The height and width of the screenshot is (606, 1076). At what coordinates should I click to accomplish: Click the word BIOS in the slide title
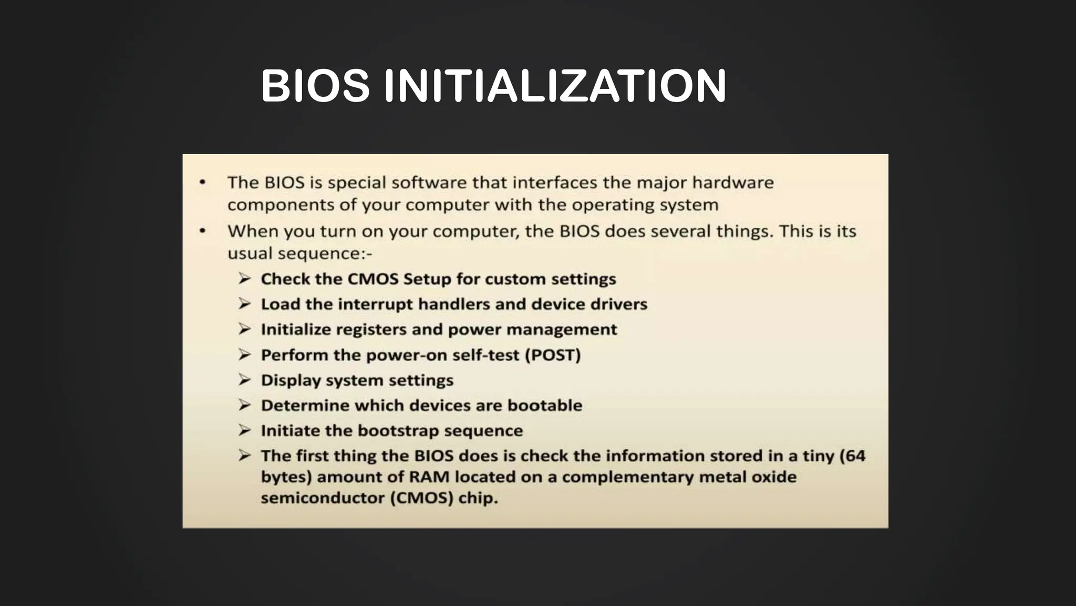point(315,86)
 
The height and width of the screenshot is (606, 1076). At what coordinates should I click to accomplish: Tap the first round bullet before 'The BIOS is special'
point(202,183)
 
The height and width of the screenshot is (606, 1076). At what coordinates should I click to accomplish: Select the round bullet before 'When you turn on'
point(202,231)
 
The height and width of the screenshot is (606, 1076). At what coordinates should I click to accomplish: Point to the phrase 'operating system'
point(645,205)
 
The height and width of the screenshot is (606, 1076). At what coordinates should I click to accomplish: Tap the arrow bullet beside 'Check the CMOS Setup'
point(244,278)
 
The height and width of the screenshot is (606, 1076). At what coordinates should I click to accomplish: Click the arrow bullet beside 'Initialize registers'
point(244,329)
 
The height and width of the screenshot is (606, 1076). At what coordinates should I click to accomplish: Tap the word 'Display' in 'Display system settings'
point(291,380)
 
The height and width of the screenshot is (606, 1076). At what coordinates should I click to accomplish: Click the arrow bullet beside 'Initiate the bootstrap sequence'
point(244,430)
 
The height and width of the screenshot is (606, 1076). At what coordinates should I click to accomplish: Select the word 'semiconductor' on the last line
point(323,498)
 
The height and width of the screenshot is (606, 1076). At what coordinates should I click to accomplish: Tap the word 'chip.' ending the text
point(478,498)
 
